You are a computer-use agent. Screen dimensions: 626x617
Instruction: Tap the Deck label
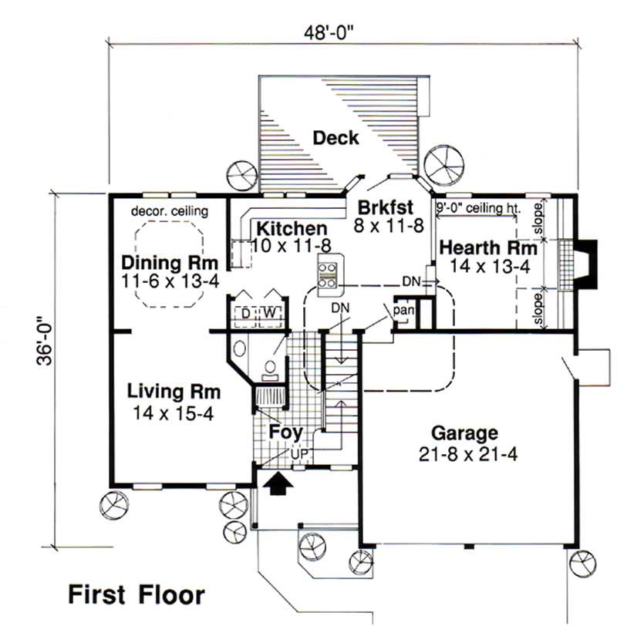point(335,138)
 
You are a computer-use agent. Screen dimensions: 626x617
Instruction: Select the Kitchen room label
point(292,229)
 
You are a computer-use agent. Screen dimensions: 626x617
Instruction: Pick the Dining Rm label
point(170,263)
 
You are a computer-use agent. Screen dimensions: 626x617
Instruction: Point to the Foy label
point(285,432)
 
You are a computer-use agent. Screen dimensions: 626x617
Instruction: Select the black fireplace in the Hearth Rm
point(587,264)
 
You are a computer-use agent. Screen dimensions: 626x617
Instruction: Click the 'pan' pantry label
point(403,309)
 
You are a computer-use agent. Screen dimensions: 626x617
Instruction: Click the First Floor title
point(137,594)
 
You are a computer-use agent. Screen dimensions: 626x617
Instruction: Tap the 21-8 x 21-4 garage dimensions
point(464,453)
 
